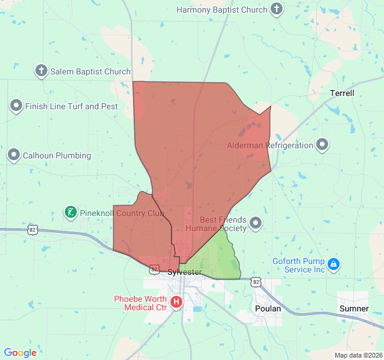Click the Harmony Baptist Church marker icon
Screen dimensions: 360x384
[276, 9]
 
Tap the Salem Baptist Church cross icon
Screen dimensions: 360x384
[41, 71]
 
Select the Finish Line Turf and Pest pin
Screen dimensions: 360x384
[16, 106]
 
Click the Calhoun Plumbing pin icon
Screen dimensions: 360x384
[14, 155]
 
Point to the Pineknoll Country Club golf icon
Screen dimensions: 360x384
[71, 212]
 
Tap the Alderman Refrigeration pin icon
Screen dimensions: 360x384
[323, 145]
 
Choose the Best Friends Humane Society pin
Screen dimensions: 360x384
[256, 224]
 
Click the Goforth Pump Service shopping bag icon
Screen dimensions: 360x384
[334, 264]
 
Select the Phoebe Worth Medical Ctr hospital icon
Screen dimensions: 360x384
[176, 302]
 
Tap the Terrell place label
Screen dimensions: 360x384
[342, 94]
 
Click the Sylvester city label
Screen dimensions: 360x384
[184, 272]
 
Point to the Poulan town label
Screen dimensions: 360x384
[268, 308]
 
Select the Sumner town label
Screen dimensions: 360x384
[354, 308]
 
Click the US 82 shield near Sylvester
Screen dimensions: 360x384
[155, 269]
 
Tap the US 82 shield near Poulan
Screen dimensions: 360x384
[256, 281]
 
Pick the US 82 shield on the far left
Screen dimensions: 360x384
[32, 229]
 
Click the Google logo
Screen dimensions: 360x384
[20, 353]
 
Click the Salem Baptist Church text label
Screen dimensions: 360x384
[90, 71]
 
